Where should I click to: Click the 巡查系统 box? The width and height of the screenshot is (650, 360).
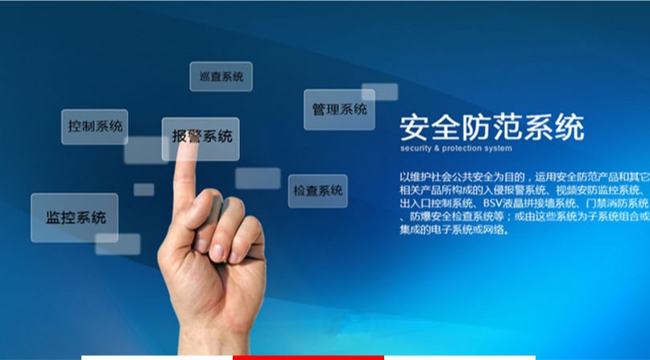[221, 77]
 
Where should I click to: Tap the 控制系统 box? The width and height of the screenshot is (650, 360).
[94, 126]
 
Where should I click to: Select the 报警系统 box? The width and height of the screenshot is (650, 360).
[201, 139]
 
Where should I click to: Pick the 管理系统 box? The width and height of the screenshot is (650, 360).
[339, 110]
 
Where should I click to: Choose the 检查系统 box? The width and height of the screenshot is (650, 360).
[317, 191]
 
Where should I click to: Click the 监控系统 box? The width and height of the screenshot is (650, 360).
[75, 217]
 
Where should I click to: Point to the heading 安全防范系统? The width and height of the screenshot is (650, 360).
[492, 127]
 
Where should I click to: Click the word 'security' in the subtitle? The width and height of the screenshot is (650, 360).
[416, 148]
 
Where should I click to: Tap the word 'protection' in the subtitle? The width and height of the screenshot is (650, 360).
[461, 148]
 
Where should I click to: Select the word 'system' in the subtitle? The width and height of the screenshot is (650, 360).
[498, 148]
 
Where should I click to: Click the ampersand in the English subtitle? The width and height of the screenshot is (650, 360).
[437, 148]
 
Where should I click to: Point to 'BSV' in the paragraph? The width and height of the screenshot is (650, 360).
[492, 203]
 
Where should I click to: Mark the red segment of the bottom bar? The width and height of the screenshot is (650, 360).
[308, 358]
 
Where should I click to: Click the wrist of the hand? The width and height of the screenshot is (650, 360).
[213, 340]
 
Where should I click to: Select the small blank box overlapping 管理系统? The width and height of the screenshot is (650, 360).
[379, 92]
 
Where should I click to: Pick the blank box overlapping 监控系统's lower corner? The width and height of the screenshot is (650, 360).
[118, 244]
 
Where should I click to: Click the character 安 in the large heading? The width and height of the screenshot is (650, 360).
[415, 127]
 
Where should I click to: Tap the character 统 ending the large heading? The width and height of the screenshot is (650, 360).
[570, 127]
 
